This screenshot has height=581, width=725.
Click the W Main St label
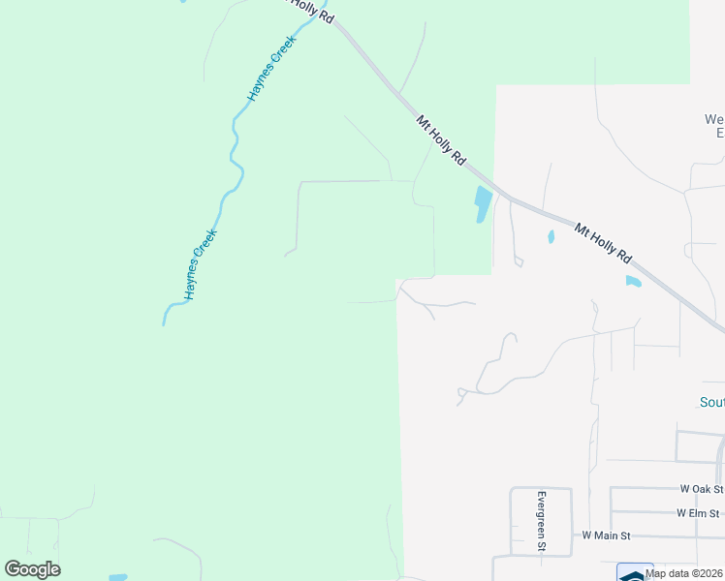click(606, 535)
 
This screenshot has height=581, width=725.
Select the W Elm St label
click(699, 512)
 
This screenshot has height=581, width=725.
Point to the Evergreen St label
click(542, 522)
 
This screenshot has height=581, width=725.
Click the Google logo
click(32, 569)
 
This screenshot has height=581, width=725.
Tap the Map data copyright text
click(684, 573)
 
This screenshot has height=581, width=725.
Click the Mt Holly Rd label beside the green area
click(441, 140)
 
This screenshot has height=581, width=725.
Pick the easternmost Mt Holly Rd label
click(603, 244)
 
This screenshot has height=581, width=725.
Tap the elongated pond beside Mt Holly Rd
click(482, 204)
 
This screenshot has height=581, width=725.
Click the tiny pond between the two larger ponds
click(551, 236)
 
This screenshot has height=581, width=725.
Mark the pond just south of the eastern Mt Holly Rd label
click(633, 282)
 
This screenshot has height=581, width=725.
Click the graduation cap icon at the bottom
click(634, 573)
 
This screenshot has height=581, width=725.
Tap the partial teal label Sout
click(711, 402)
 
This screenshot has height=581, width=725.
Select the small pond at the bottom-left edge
click(117, 577)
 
